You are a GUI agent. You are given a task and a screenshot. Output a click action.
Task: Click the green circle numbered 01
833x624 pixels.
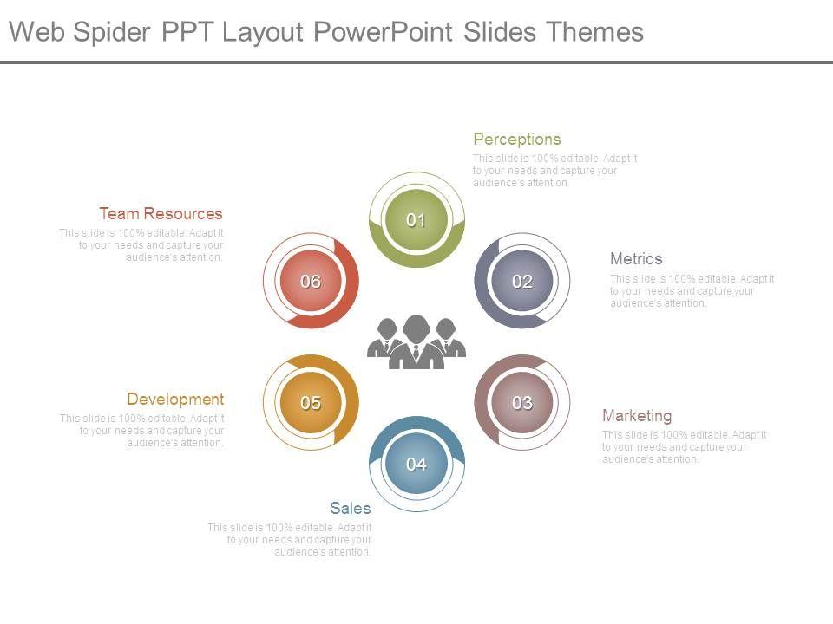coord(416,220)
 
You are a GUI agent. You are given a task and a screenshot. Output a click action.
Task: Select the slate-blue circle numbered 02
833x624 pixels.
coord(522,281)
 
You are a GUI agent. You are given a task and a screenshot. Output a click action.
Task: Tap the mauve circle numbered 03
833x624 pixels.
coord(522,402)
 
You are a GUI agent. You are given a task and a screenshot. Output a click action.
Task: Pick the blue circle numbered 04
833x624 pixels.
coord(416,464)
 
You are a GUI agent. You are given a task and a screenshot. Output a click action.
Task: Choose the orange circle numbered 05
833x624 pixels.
coord(311,402)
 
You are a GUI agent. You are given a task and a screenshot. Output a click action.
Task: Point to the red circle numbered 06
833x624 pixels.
coord(311,281)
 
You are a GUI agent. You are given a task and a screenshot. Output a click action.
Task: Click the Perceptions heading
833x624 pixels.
coord(517,139)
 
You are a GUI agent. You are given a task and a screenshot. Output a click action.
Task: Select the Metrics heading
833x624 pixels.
coord(636,258)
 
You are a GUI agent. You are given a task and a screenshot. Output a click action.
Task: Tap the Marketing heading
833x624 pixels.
coord(637,415)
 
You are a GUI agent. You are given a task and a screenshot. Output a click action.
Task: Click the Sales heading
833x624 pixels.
coord(351,508)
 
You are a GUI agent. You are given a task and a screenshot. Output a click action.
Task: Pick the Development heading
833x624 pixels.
coord(175,399)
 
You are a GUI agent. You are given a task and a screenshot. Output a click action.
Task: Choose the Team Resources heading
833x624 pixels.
coord(161,213)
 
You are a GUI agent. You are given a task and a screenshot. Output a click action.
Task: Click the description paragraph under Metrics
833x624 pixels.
coord(692,291)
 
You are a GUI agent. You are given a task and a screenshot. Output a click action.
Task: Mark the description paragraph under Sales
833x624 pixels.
coord(290,539)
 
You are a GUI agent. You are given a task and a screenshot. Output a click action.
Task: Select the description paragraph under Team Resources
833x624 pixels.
coord(141,244)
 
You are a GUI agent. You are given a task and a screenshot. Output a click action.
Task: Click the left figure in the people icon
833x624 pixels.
coord(384,338)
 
